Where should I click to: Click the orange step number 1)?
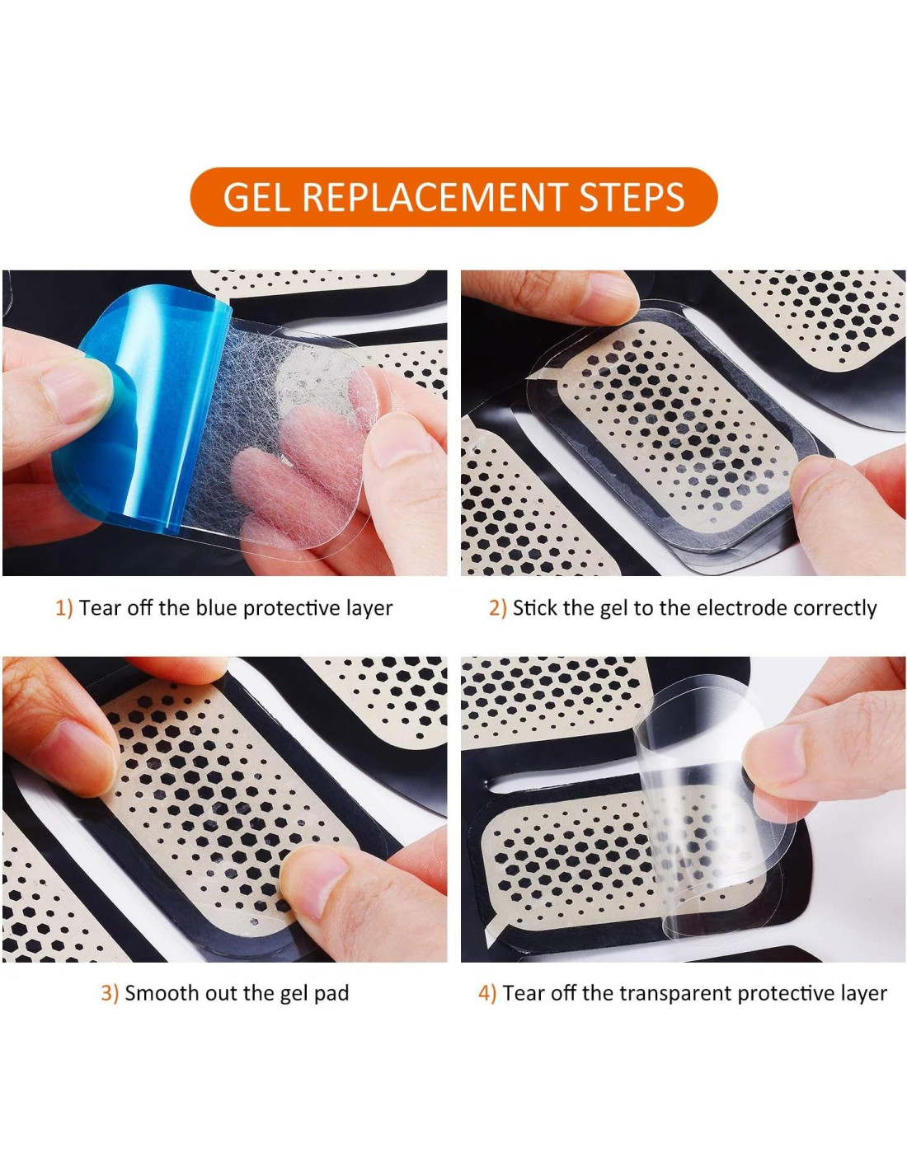pos(63,609)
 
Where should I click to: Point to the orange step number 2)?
pos(497,609)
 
